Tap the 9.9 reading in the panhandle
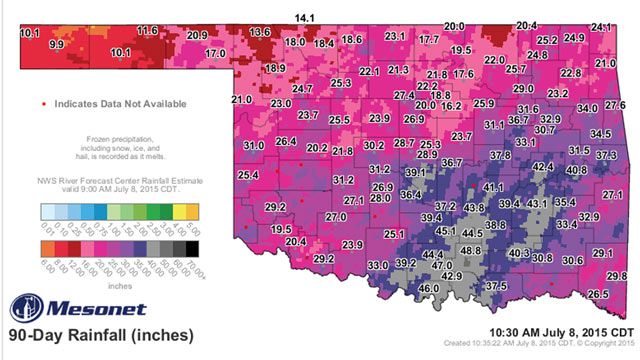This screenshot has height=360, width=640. pyautogui.click(x=56, y=45)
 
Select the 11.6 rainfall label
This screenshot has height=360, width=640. pyautogui.click(x=147, y=32)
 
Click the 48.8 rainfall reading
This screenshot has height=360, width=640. pyautogui.click(x=471, y=250)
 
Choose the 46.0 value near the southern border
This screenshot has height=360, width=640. pyautogui.click(x=428, y=288)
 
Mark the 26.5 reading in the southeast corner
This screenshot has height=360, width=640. pyautogui.click(x=598, y=294)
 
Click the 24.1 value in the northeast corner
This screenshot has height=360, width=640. pyautogui.click(x=602, y=26)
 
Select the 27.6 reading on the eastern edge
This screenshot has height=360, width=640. pyautogui.click(x=615, y=104)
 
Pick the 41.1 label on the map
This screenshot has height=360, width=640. pyautogui.click(x=493, y=187)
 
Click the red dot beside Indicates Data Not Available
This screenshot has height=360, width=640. pyautogui.click(x=44, y=103)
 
